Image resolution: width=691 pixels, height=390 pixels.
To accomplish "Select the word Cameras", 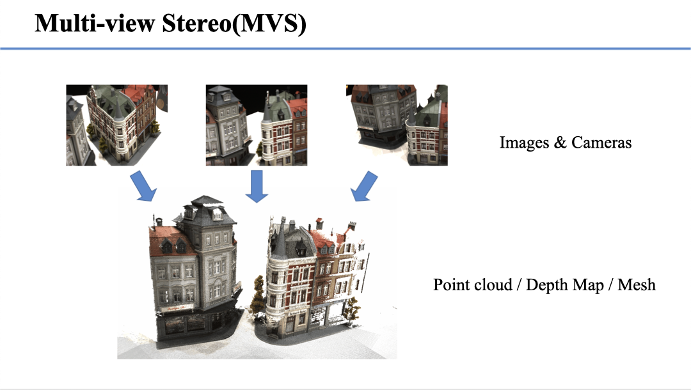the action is [601, 143].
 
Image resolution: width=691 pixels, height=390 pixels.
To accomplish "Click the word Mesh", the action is [637, 285].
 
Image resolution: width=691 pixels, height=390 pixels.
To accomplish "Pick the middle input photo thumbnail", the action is [256, 125].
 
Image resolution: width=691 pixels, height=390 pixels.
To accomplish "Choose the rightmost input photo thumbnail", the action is [396, 125].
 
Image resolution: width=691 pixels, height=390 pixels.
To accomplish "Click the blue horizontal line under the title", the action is [345, 49].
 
